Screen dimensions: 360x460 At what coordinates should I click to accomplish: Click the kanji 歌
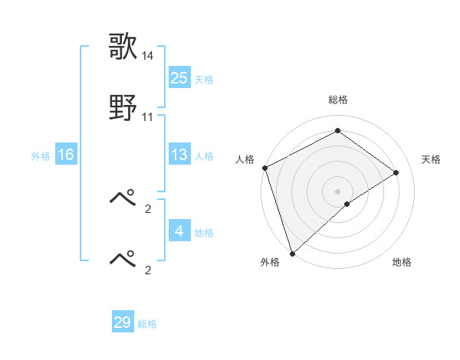tap(123, 46)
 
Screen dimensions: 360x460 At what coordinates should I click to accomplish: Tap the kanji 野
tap(123, 108)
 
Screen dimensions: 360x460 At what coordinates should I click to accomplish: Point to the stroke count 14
tap(148, 56)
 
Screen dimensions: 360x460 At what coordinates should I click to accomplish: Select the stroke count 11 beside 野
tap(148, 117)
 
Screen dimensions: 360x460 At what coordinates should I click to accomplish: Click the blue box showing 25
tap(179, 77)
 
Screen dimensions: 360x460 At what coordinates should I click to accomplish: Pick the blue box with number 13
tap(179, 155)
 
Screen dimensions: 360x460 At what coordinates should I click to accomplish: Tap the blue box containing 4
tap(179, 231)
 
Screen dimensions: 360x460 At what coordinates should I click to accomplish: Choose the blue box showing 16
tap(65, 155)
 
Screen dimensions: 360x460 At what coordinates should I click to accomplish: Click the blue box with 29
tap(123, 322)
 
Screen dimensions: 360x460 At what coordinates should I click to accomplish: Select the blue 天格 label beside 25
tap(204, 80)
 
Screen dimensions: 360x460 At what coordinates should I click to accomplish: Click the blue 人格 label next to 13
tap(204, 156)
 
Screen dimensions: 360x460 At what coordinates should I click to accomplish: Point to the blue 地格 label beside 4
tap(204, 233)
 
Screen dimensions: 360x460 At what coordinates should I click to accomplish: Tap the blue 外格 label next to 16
tap(41, 156)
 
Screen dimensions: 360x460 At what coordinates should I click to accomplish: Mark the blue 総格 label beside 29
tap(147, 325)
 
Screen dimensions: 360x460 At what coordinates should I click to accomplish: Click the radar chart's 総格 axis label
tap(337, 100)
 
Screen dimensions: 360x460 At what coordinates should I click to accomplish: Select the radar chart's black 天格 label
tap(432, 159)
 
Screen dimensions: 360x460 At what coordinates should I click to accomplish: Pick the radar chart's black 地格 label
tap(402, 262)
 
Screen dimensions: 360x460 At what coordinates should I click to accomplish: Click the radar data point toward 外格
tap(291, 253)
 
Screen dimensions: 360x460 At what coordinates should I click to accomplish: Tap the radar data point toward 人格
tap(264, 168)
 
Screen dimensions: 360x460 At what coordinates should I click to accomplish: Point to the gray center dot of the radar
tap(337, 191)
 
